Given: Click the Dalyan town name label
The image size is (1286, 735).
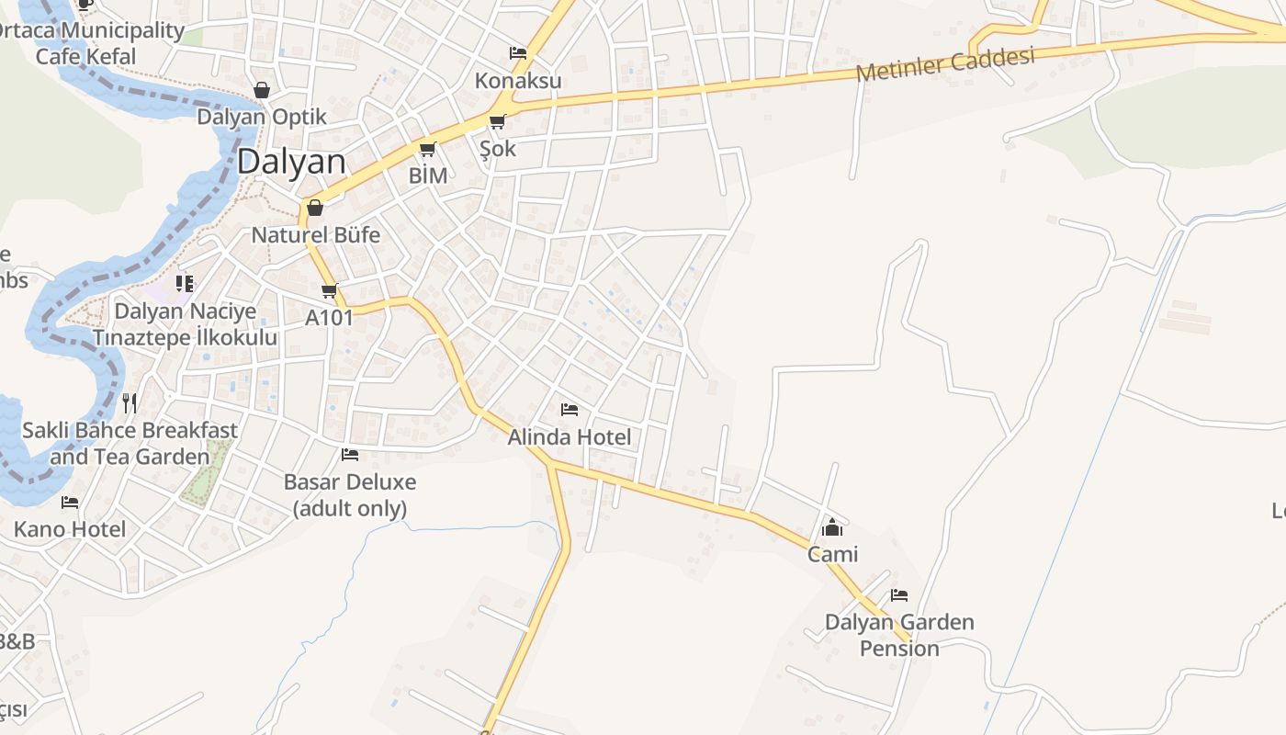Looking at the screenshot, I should click(291, 163).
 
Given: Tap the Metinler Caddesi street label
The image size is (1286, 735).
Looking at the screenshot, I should click(945, 63).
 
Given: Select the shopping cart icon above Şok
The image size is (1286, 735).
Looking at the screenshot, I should click(497, 121).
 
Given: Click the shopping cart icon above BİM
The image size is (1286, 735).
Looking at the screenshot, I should click(427, 149).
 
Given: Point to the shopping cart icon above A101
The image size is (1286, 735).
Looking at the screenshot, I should click(329, 291).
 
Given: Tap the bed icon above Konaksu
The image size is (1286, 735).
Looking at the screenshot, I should click(518, 53).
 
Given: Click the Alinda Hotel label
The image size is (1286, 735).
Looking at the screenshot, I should click(570, 437).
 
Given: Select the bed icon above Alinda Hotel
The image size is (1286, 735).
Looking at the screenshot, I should click(570, 410).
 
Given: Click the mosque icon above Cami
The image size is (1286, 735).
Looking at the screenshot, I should click(832, 527).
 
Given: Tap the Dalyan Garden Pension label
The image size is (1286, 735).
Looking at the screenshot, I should click(899, 635).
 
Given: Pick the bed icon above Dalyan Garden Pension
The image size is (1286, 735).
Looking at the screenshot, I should click(899, 595).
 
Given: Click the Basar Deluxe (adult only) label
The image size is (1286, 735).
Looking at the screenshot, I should click(350, 494).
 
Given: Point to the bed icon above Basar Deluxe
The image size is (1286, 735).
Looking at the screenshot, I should click(350, 454).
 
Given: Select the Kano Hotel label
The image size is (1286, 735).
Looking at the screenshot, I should click(70, 529).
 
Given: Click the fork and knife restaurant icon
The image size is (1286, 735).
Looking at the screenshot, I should click(130, 402).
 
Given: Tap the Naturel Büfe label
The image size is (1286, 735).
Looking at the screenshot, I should click(315, 234).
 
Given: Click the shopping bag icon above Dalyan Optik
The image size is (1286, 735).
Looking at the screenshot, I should click(262, 90).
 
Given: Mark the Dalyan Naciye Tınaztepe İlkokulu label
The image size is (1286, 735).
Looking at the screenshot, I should click(185, 323).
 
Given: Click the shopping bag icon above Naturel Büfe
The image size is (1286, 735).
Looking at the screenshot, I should click(315, 208).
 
